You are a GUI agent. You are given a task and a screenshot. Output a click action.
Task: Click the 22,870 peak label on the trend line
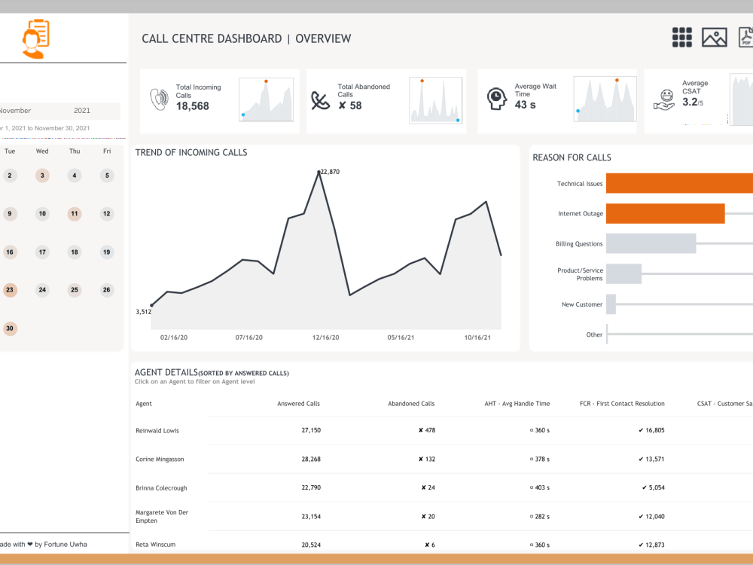pos(330,172)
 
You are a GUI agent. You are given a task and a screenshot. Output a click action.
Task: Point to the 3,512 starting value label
pos(143,311)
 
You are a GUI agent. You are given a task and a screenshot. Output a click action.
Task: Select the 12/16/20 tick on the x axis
pos(325,337)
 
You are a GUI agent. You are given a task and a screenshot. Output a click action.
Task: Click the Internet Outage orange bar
pos(665,213)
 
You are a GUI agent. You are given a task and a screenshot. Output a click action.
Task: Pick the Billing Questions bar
pos(651,243)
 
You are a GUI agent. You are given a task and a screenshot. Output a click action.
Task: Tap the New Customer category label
pos(582,304)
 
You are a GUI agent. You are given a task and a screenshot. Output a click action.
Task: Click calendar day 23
pos(10,289)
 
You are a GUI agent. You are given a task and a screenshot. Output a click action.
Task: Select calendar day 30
pos(10,328)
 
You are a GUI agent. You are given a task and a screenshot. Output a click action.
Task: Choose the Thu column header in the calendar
pos(75,151)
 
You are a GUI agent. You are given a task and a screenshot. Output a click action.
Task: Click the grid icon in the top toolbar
pos(681,38)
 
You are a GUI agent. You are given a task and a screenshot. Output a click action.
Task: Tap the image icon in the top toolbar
pos(714,38)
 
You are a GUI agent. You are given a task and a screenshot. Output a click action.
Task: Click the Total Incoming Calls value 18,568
pos(193,106)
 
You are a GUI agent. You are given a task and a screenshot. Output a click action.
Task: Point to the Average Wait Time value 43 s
pos(526,105)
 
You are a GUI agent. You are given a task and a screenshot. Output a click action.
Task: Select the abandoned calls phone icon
pos(322,100)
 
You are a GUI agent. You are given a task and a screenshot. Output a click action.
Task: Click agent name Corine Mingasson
pos(160,459)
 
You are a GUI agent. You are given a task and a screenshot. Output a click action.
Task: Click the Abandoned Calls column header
pos(411,404)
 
